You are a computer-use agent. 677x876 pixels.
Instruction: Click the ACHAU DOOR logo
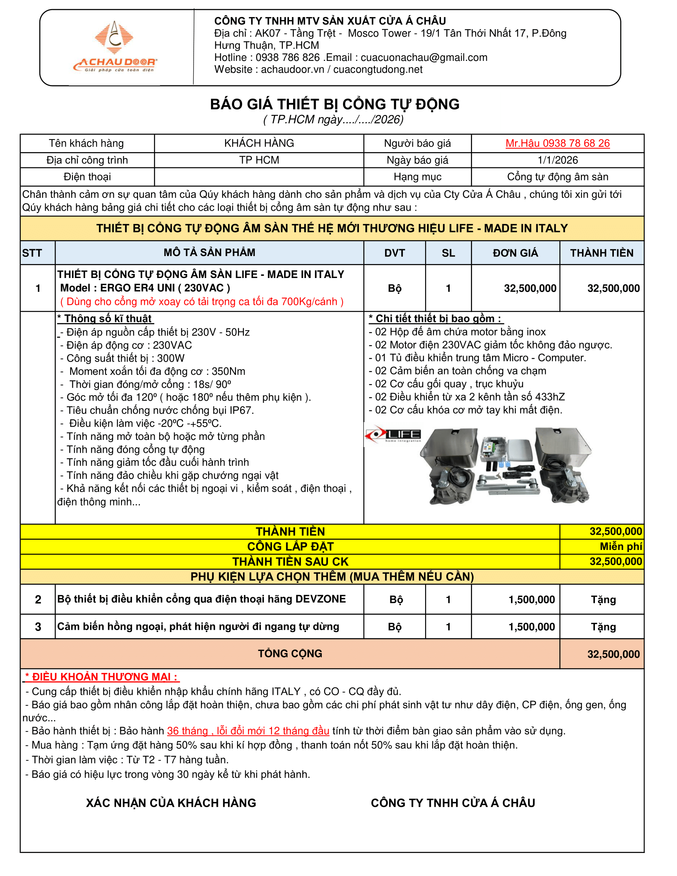115,47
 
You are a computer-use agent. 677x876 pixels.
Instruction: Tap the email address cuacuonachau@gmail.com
424,58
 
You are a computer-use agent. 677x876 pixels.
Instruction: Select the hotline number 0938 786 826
287,58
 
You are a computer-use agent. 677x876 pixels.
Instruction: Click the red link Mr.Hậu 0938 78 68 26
557,143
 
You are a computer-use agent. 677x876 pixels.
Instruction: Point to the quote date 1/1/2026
557,160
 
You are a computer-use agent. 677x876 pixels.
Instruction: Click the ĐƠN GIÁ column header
515,253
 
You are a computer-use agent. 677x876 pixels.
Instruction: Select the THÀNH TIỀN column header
602,253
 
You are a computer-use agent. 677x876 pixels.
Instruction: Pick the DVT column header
394,253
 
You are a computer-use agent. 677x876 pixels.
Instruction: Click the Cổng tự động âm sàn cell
557,177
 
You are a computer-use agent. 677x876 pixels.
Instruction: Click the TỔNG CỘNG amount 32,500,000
613,654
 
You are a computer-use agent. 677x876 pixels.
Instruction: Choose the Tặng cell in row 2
603,600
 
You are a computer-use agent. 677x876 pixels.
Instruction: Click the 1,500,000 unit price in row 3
531,627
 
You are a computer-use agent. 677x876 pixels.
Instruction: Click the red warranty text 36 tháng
187,731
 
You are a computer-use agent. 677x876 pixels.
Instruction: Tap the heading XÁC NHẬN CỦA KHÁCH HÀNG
171,803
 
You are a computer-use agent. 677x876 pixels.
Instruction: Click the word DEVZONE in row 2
320,599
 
